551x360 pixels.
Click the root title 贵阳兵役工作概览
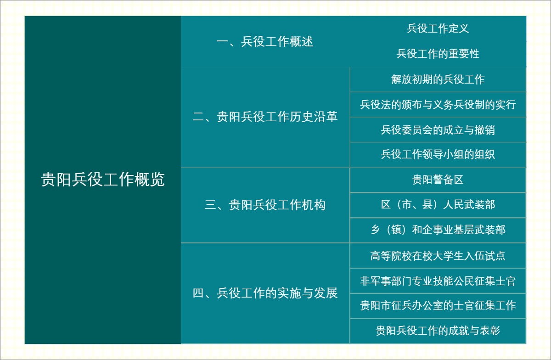103,180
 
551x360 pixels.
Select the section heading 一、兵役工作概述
265,42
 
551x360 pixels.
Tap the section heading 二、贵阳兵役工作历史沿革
265,117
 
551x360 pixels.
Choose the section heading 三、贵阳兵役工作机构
265,205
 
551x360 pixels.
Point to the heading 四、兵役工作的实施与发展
265,293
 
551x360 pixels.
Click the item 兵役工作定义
438,28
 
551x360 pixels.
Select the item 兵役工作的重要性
438,54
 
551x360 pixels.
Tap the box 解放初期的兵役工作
438,79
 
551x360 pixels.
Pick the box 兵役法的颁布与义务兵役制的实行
438,105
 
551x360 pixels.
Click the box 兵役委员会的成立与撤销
438,130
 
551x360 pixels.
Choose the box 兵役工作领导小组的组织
438,155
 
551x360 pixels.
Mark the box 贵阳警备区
438,180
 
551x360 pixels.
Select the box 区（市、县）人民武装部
438,205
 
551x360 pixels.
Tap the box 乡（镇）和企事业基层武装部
438,230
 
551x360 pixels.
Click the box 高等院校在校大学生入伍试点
438,255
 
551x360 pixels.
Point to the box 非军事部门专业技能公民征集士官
438,281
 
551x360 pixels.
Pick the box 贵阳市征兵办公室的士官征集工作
438,305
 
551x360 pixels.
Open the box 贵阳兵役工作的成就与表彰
438,331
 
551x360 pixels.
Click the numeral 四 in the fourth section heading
198,293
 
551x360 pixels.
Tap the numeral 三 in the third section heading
210,205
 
